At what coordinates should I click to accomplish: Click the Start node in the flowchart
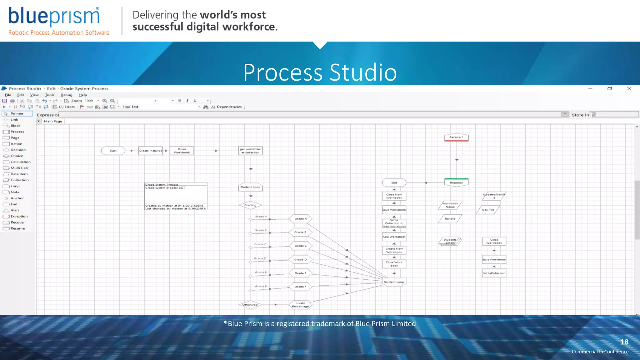pyautogui.click(x=113, y=151)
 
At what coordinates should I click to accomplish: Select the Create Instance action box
pyautogui.click(x=151, y=151)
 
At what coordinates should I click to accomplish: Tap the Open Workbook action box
pyautogui.click(x=182, y=151)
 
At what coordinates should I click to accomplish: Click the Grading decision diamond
pyautogui.click(x=250, y=205)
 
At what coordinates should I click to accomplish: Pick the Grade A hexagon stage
pyautogui.click(x=300, y=219)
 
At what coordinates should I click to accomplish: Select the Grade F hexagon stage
pyautogui.click(x=300, y=287)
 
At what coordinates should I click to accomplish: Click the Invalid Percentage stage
pyautogui.click(x=300, y=305)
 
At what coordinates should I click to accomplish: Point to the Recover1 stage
pyautogui.click(x=456, y=137)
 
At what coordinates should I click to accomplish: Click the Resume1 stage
pyautogui.click(x=456, y=182)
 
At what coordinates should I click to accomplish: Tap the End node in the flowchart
pyautogui.click(x=394, y=182)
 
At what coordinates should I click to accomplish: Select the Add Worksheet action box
pyautogui.click(x=394, y=237)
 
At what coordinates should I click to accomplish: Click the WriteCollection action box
pyautogui.click(x=494, y=273)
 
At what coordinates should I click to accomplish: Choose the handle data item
pyautogui.click(x=450, y=219)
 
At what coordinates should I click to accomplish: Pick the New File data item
pyautogui.click(x=488, y=210)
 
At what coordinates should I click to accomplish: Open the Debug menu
pyautogui.click(x=66, y=95)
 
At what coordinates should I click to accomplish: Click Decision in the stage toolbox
pyautogui.click(x=18, y=150)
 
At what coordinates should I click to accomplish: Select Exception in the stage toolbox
pyautogui.click(x=19, y=216)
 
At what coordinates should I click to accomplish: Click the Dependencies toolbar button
pyautogui.click(x=229, y=107)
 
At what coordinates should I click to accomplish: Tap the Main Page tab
pyautogui.click(x=53, y=121)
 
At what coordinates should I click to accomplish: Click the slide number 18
pyautogui.click(x=624, y=342)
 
